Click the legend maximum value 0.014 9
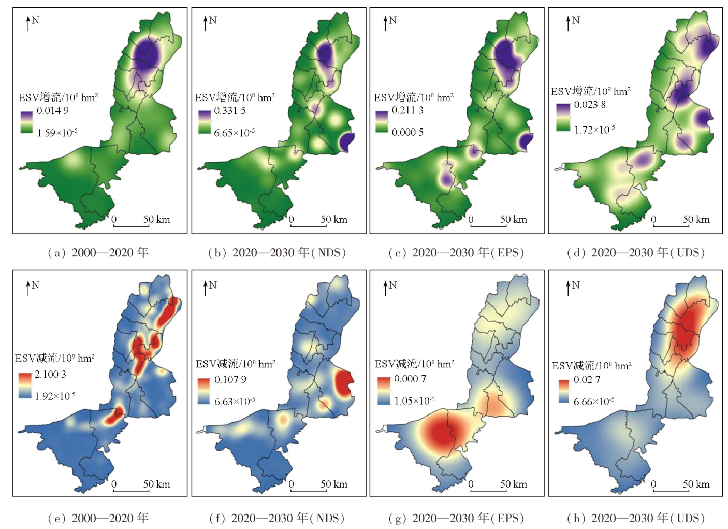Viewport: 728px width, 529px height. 52,110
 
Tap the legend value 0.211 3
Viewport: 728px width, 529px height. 407,110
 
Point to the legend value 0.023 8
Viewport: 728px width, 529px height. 589,104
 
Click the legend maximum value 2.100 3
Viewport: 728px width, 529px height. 50,374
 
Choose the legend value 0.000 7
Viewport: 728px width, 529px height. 410,379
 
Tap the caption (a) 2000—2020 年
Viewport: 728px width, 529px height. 98,252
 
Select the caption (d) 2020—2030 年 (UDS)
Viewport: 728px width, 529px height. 636,252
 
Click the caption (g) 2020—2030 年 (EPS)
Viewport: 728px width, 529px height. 456,518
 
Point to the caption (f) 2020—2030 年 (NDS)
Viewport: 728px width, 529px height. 277,518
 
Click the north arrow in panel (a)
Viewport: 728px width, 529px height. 28,23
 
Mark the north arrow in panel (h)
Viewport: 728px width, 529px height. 569,288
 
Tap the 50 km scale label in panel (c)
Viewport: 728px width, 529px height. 513,219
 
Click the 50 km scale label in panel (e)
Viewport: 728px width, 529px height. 156,484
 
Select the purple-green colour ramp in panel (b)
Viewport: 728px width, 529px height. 205,122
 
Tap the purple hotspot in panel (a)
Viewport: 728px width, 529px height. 147,54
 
